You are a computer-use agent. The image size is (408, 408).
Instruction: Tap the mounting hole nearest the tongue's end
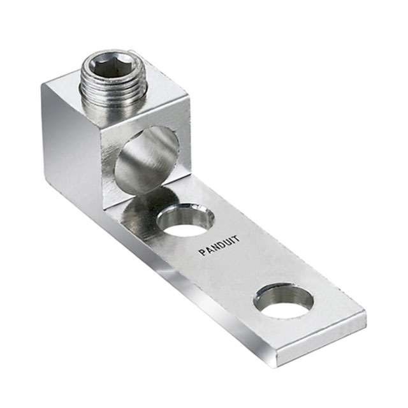(283, 300)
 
